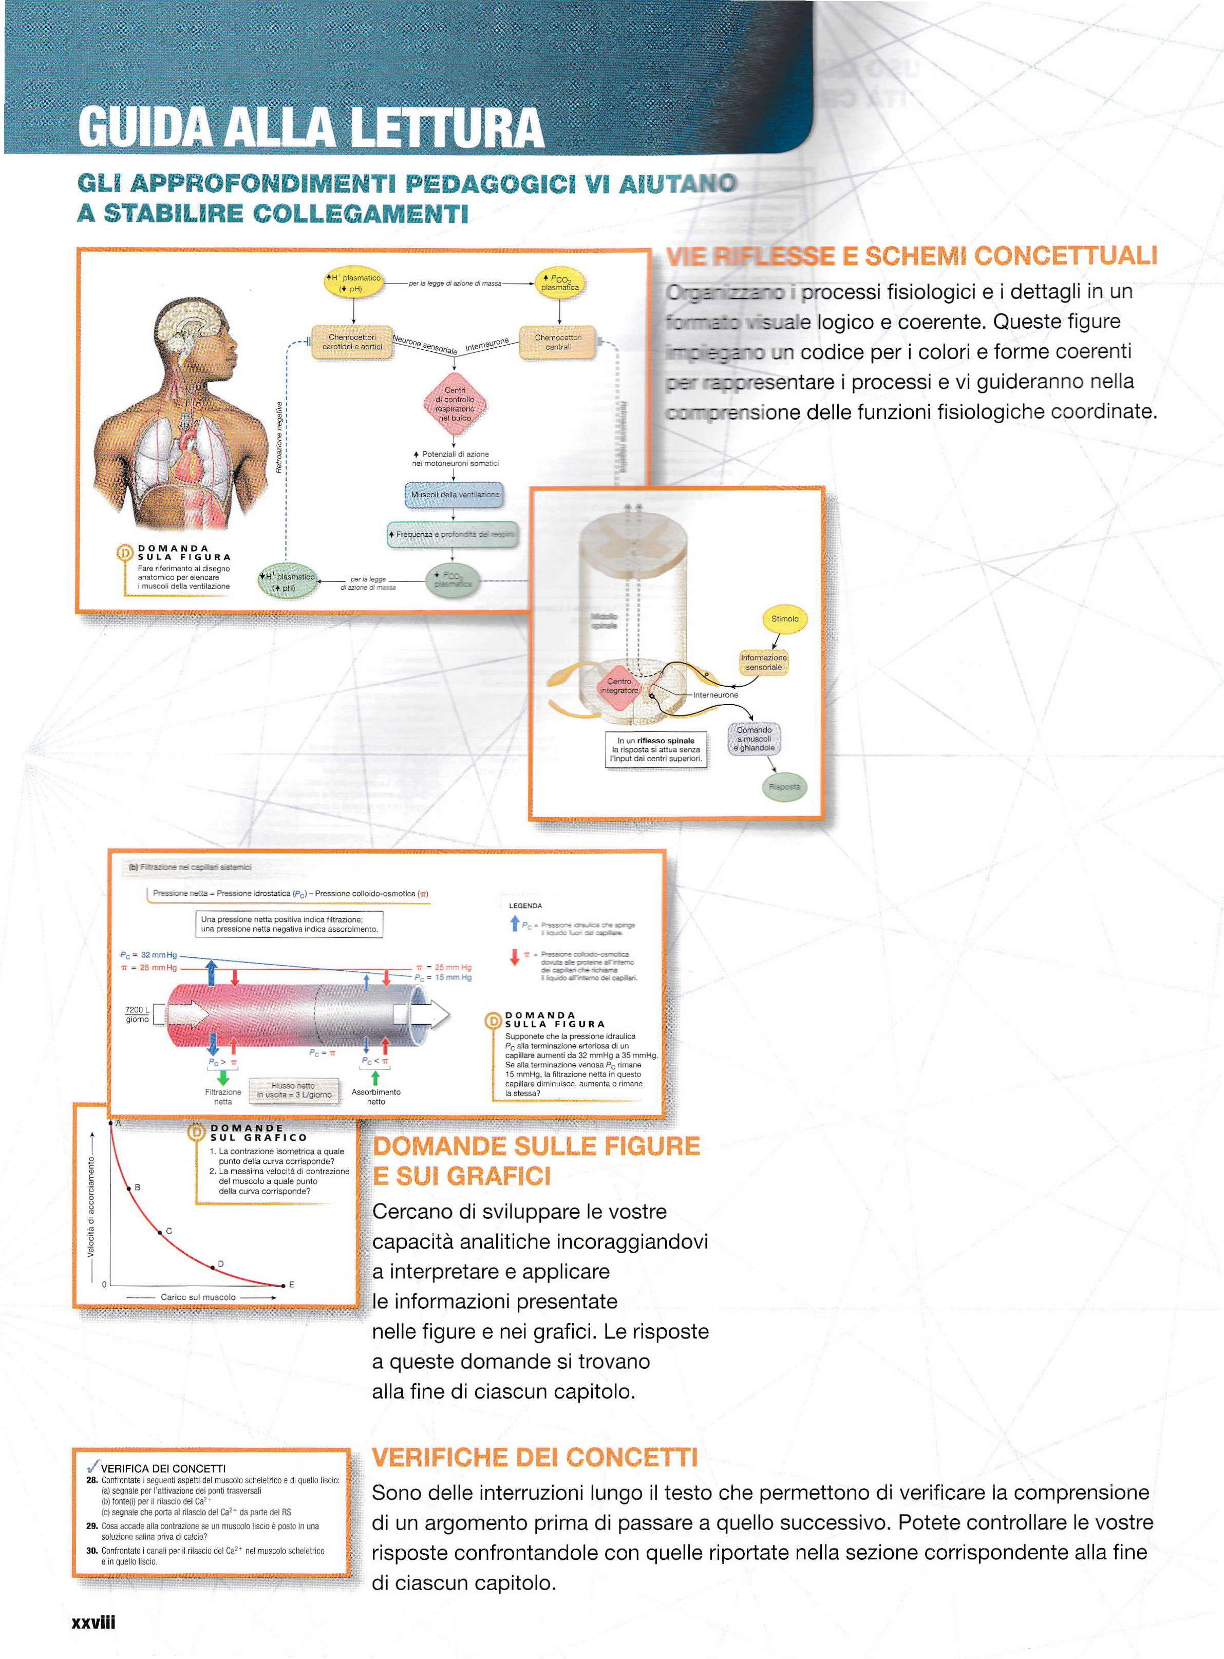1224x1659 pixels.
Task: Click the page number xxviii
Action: click(x=93, y=1623)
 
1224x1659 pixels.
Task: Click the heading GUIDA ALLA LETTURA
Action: click(x=311, y=127)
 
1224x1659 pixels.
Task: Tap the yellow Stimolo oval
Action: click(x=785, y=619)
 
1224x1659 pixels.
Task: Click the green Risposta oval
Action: click(x=784, y=787)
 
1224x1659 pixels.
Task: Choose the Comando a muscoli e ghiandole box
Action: click(x=754, y=739)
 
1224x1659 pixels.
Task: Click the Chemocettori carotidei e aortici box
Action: click(x=352, y=342)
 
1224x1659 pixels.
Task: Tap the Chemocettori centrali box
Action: click(x=558, y=342)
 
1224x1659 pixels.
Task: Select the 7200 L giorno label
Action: click(x=137, y=1014)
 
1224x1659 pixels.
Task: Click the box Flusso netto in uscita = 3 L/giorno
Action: click(x=293, y=1090)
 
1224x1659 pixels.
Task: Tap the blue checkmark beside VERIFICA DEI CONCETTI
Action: click(x=92, y=1467)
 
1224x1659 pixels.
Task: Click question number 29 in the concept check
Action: click(x=92, y=1525)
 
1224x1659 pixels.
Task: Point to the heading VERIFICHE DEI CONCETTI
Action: click(x=534, y=1458)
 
